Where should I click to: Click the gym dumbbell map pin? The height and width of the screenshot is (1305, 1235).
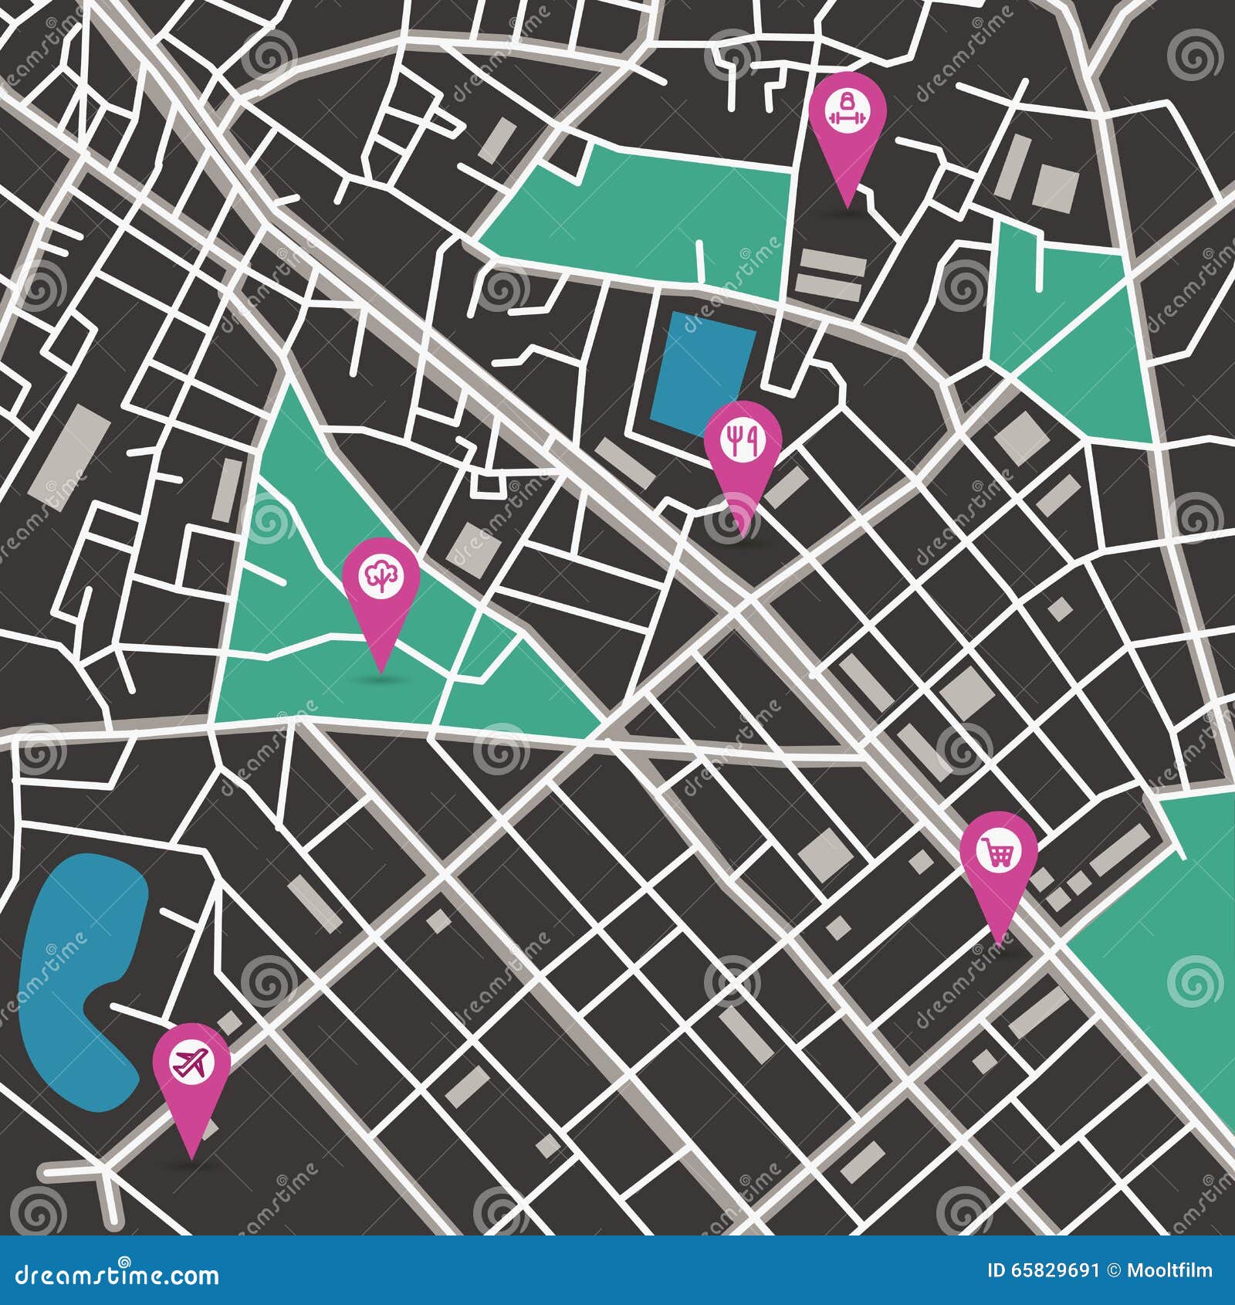[847, 116]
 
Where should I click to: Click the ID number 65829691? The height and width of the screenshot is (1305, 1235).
[1053, 1271]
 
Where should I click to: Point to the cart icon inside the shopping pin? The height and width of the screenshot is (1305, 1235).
[999, 852]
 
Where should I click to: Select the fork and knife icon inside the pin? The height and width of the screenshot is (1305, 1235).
[743, 440]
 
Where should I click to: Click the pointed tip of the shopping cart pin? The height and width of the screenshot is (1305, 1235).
[999, 944]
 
